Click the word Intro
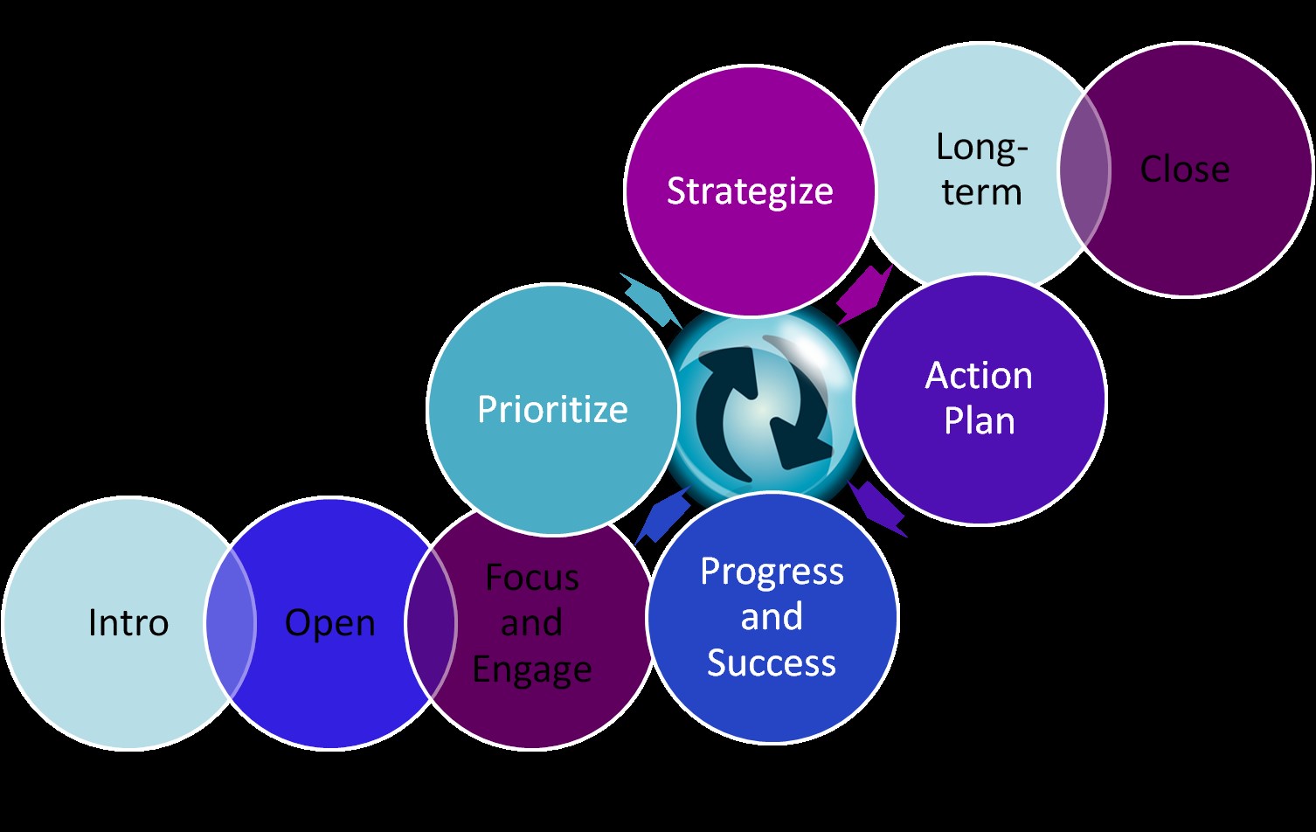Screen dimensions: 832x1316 point(128,623)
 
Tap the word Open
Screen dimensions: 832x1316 point(330,623)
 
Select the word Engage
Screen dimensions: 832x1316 point(532,669)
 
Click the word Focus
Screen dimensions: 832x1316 point(532,578)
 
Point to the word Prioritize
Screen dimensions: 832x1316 point(552,409)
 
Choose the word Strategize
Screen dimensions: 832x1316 point(750,191)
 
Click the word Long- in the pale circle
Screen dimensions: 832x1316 point(981,147)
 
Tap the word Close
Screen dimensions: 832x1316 point(1185,170)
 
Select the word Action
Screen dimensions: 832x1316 point(979,376)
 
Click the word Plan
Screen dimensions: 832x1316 point(979,421)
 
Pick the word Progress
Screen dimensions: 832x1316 point(772,572)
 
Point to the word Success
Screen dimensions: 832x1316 point(772,663)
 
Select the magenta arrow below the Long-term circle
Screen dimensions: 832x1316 point(865,295)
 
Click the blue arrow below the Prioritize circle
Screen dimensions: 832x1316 point(661,516)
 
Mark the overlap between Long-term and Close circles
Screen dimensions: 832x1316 point(1084,170)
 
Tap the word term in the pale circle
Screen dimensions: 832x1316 point(981,192)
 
